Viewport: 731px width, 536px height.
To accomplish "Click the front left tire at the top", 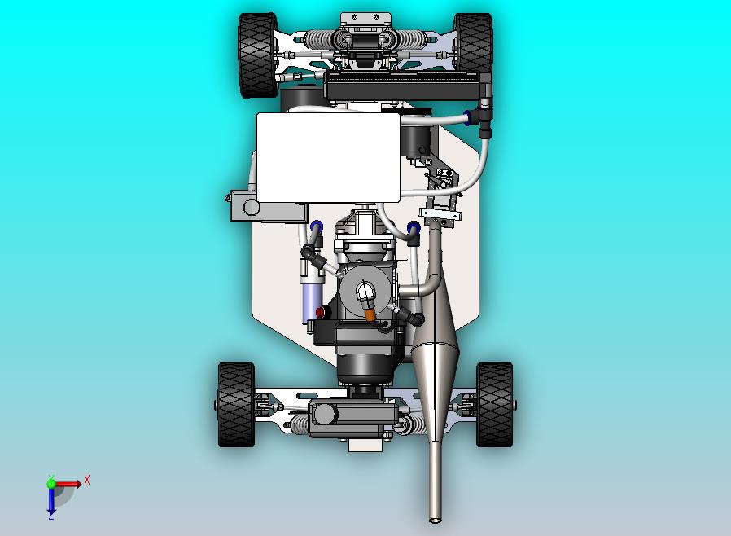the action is pos(258,55).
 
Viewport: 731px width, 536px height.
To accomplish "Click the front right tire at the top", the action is pos(473,43).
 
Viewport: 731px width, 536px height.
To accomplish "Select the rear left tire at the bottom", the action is pos(236,405).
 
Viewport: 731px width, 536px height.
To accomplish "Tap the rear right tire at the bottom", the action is pos(495,405).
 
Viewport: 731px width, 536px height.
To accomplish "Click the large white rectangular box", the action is pos(328,158).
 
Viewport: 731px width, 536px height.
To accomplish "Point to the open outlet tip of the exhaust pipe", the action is pos(435,519).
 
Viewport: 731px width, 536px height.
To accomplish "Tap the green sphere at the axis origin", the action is pos(51,483).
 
